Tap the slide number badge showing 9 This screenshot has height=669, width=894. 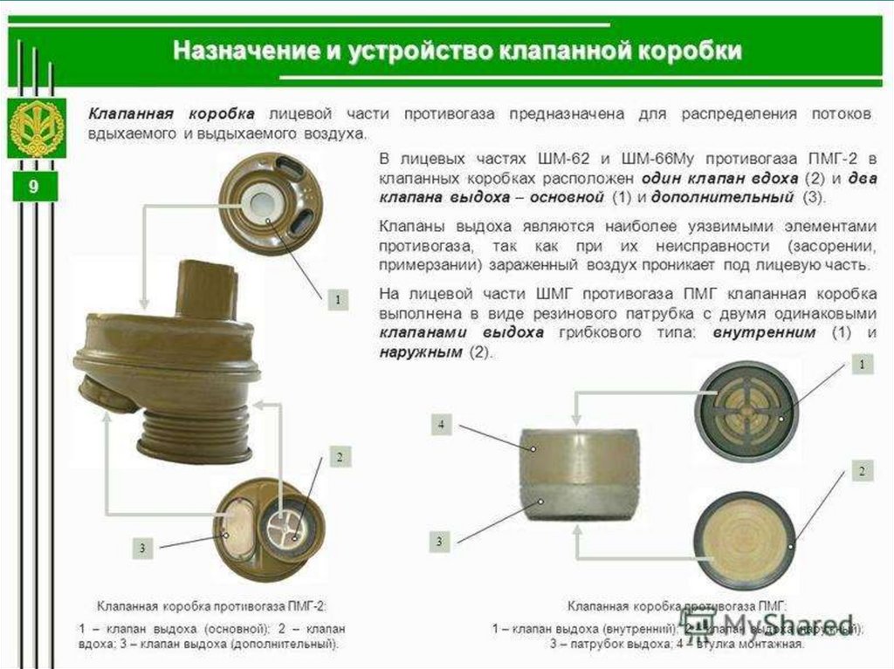(x=32, y=188)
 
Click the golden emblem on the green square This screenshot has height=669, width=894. (x=36, y=127)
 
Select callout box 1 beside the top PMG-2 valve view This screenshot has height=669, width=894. (x=337, y=299)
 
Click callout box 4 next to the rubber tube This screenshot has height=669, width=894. (x=442, y=425)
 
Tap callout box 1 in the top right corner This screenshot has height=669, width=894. (x=862, y=362)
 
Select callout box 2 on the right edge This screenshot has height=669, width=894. (x=862, y=471)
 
